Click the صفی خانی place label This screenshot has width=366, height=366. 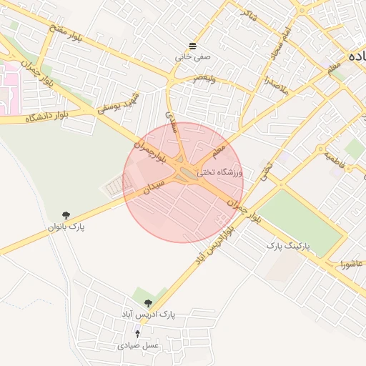point(194,55)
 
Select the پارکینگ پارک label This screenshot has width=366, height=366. point(290,245)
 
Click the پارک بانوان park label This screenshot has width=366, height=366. point(66,227)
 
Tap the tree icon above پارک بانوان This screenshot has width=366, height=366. point(66,215)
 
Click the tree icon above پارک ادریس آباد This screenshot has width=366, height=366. point(148,304)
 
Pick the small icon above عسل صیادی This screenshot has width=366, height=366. point(138,334)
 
